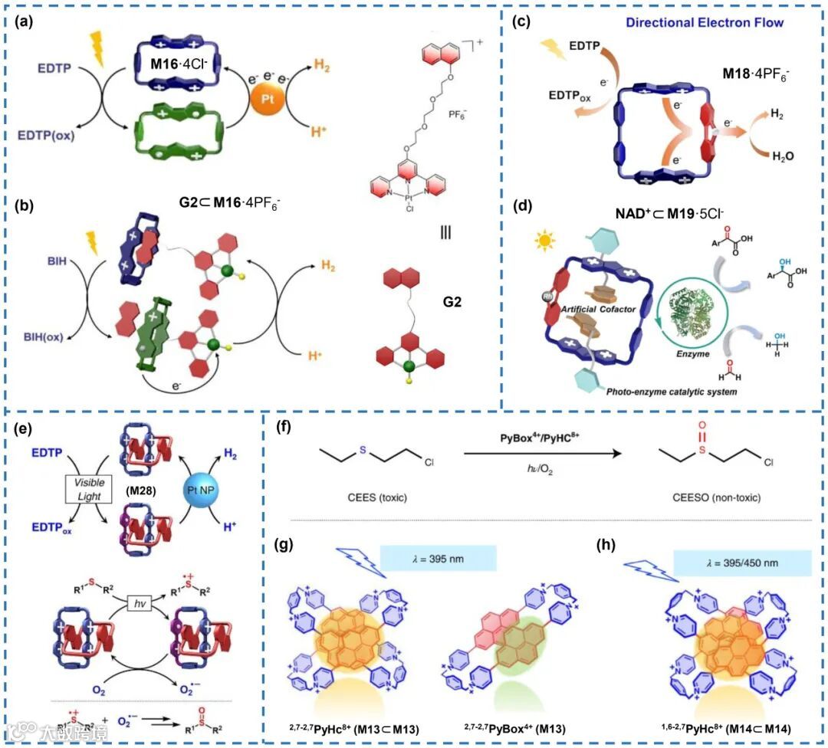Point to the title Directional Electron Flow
click(705, 23)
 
